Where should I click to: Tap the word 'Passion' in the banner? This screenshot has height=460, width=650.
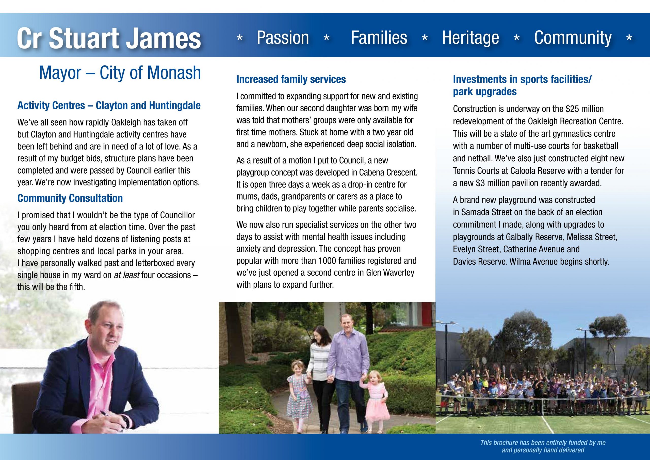(283, 38)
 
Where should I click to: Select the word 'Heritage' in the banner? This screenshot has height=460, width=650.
(470, 38)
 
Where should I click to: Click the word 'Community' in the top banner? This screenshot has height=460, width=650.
(573, 38)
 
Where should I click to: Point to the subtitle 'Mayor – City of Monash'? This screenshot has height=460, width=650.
(120, 73)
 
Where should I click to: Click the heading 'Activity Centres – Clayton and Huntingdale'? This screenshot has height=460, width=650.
(109, 106)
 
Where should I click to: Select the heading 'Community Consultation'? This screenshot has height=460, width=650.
(70, 198)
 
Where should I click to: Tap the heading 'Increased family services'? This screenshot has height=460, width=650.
(291, 79)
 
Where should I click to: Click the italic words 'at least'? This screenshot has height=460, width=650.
(126, 275)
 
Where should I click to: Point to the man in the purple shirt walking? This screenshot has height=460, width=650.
(348, 366)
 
